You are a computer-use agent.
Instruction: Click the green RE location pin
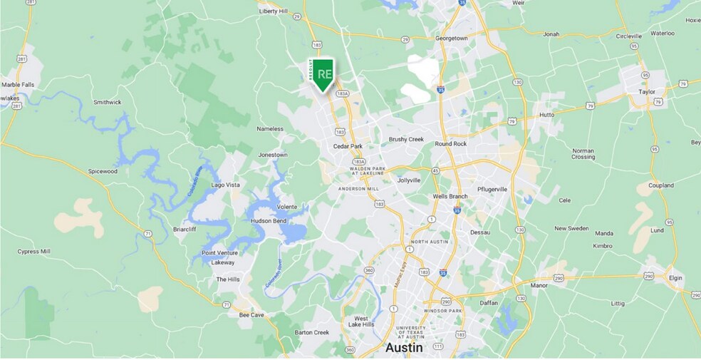(324, 74)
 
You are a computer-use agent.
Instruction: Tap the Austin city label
(404, 348)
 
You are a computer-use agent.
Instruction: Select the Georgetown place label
(452, 38)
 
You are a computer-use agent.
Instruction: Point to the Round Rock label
(450, 143)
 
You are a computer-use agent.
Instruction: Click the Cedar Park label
(348, 146)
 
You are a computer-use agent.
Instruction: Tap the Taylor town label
(647, 92)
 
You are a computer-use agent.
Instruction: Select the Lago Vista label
(227, 185)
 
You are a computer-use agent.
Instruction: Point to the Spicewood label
(102, 172)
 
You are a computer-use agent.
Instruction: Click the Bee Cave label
(252, 314)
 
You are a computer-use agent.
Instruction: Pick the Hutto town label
(546, 114)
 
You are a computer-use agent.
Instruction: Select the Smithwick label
(108, 102)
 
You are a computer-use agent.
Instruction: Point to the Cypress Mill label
(33, 252)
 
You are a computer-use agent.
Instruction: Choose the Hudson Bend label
(269, 221)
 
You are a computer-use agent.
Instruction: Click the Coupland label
(660, 185)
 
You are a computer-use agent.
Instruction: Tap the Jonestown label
(273, 155)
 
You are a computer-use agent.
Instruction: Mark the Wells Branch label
(450, 196)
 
